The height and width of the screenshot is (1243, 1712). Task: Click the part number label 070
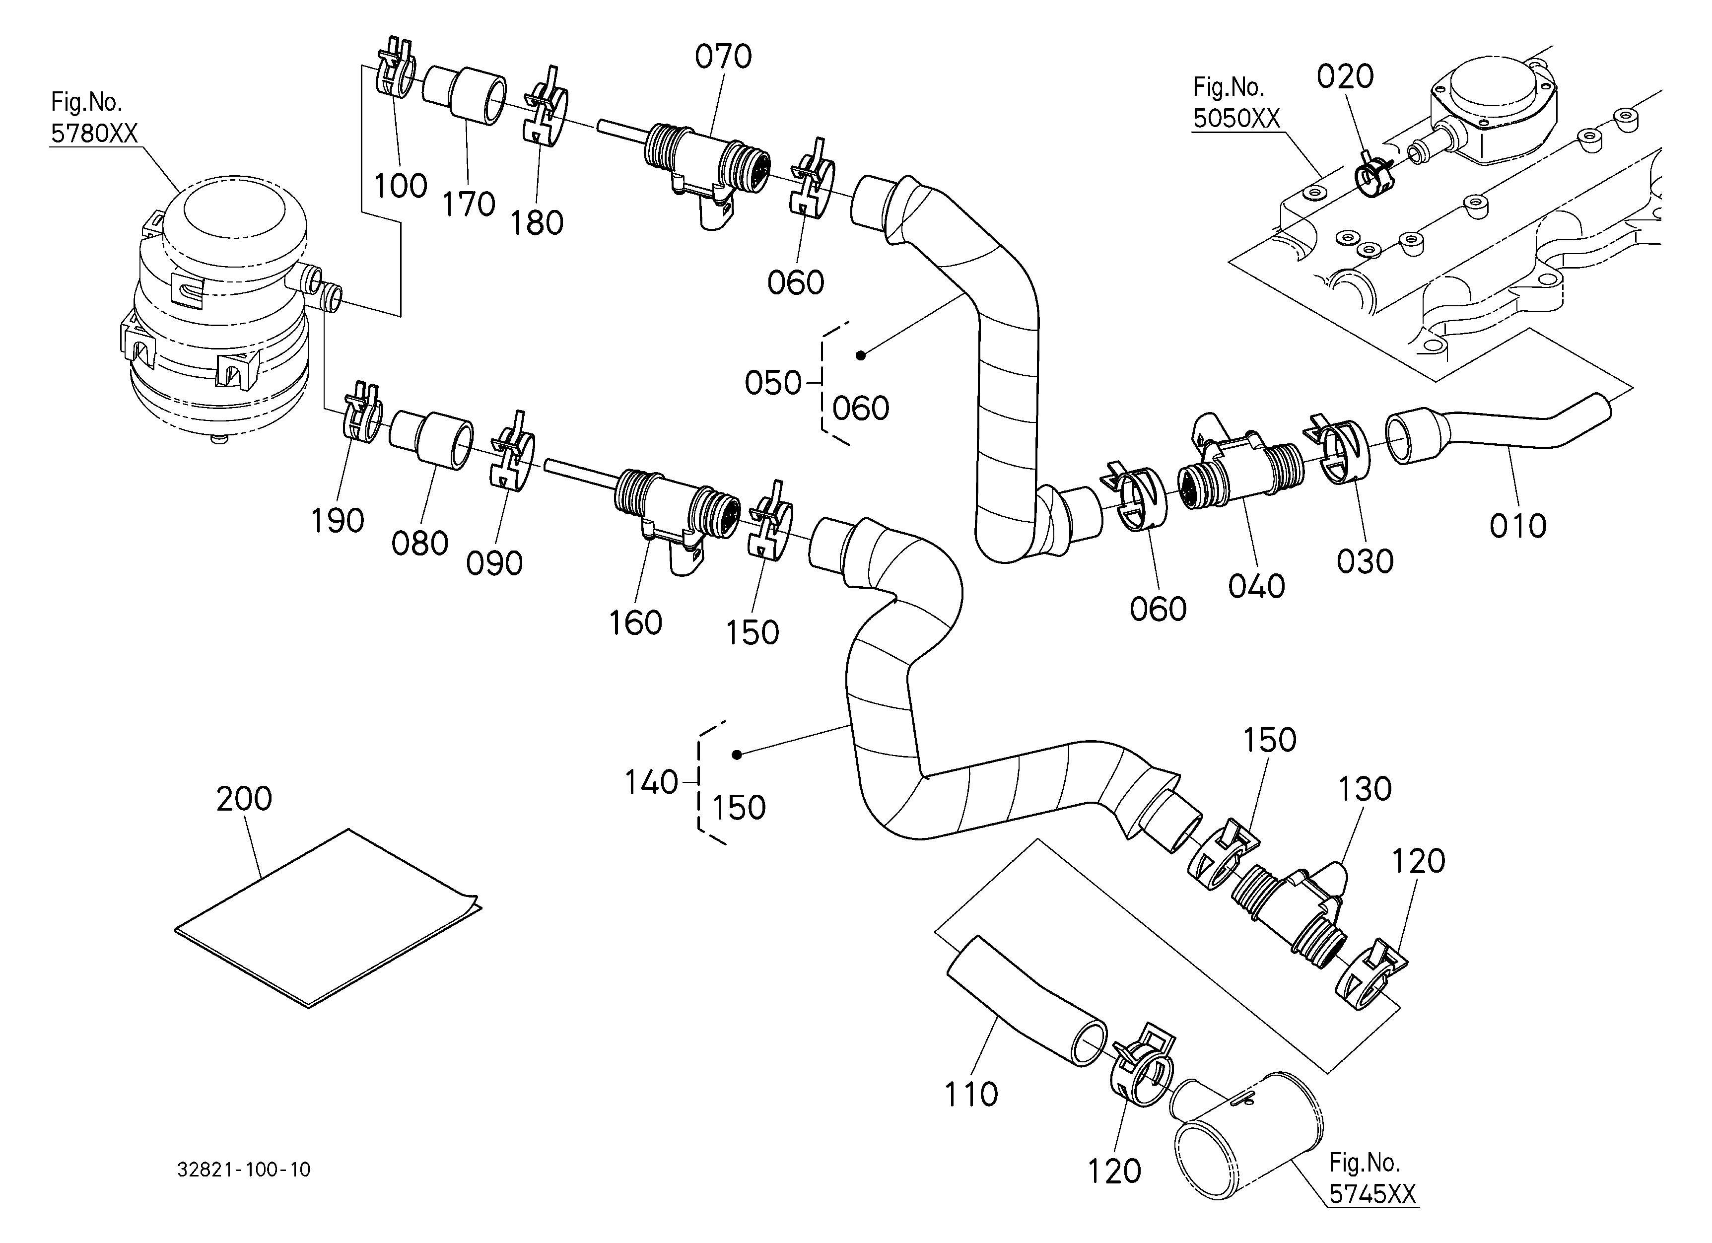(x=723, y=57)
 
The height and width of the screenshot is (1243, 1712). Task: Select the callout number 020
(x=1345, y=76)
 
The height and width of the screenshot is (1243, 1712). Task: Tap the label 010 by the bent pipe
(x=1518, y=526)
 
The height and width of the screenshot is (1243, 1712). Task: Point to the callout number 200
(x=244, y=799)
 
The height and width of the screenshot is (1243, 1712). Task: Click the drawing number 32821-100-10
(x=244, y=1170)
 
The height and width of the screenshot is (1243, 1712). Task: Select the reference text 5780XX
(x=94, y=134)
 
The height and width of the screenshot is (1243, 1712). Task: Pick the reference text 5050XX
(x=1236, y=119)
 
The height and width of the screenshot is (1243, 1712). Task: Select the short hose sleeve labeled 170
(x=464, y=96)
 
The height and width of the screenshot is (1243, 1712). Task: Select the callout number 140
(x=651, y=783)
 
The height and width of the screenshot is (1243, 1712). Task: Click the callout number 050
(x=773, y=383)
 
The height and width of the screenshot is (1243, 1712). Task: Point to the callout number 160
(x=635, y=623)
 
